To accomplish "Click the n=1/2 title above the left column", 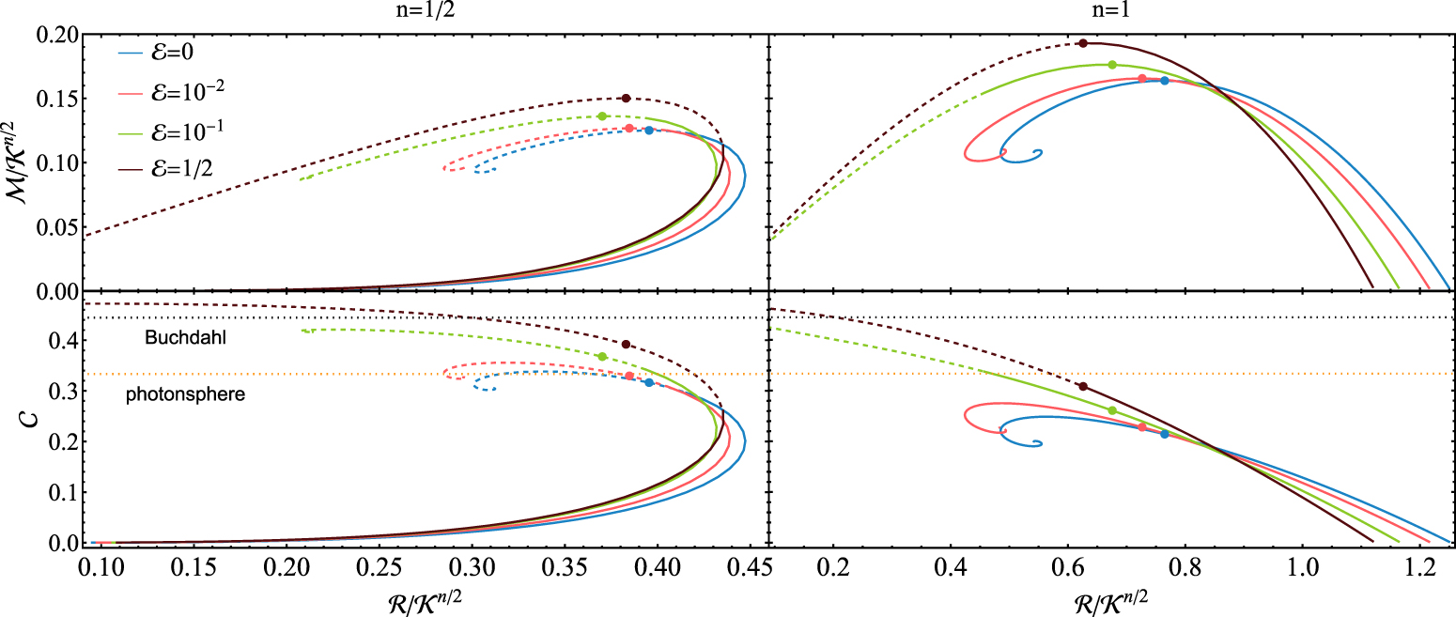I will (x=425, y=12).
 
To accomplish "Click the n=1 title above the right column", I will (x=1112, y=12).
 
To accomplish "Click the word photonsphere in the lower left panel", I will (x=185, y=395).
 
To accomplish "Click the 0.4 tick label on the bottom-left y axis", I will (x=61, y=342).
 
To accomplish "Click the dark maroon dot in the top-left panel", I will (x=626, y=99).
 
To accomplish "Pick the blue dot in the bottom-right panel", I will (x=1165, y=434).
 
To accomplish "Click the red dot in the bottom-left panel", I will (x=629, y=377).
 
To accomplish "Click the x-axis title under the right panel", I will (x=1112, y=597).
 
